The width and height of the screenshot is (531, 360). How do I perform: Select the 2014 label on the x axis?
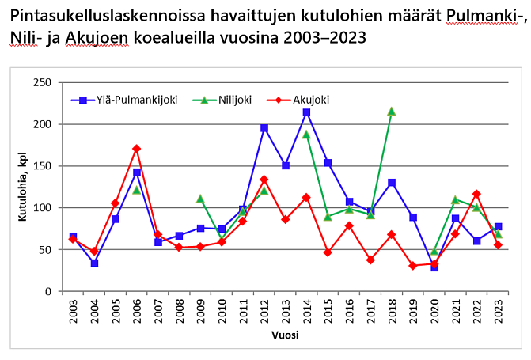coord(306,310)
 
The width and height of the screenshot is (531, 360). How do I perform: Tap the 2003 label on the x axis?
coord(73,310)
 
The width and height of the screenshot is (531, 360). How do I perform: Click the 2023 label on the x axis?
coord(498,310)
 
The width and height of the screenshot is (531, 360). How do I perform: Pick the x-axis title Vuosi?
coord(285,335)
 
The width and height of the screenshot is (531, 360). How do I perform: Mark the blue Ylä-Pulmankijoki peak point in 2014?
coord(306,113)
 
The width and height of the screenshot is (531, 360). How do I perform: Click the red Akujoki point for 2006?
coord(137,149)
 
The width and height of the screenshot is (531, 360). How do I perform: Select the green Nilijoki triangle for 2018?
coord(391,112)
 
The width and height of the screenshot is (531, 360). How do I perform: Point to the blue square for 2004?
coord(94,263)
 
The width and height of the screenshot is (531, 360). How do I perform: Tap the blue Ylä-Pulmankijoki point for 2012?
coord(264,128)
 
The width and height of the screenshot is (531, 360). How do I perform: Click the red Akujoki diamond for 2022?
coord(476,194)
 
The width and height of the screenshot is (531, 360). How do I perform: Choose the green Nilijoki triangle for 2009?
coord(200,199)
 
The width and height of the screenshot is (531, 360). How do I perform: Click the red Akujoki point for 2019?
coord(412,266)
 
